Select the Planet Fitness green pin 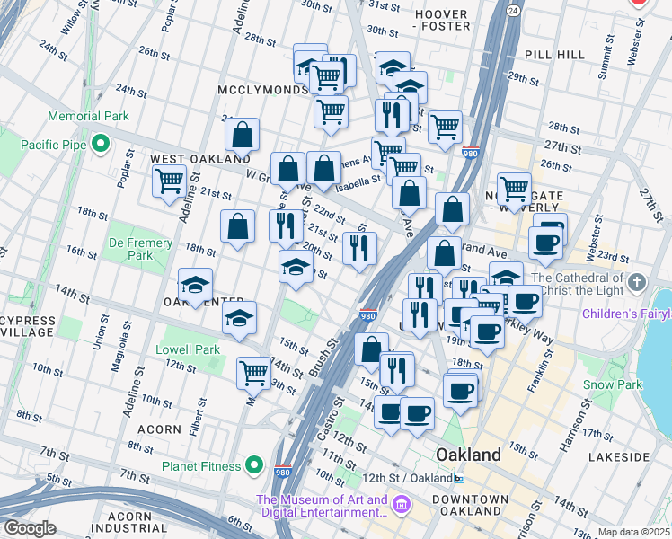pyautogui.click(x=255, y=466)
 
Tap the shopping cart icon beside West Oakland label pyautogui.click(x=169, y=181)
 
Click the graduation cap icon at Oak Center pyautogui.click(x=195, y=286)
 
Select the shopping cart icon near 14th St pyautogui.click(x=254, y=372)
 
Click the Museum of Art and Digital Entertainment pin pyautogui.click(x=402, y=506)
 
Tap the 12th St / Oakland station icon pyautogui.click(x=458, y=477)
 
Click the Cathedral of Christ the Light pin pyautogui.click(x=637, y=283)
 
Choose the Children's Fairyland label pyautogui.click(x=626, y=314)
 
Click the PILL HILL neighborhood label pyautogui.click(x=555, y=55)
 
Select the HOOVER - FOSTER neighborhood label pyautogui.click(x=440, y=21)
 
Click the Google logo pyautogui.click(x=30, y=528)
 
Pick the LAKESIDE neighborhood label pyautogui.click(x=619, y=456)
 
